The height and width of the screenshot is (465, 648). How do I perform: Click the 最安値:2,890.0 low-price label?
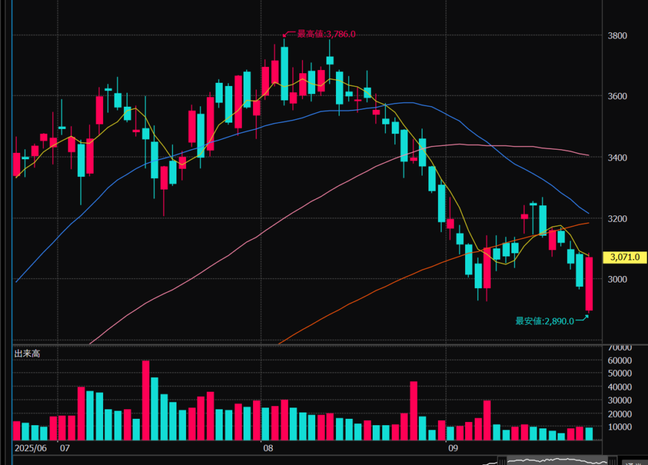(x=545, y=321)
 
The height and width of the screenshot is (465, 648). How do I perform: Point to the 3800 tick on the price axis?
(x=616, y=35)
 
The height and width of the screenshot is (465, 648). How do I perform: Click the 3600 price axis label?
(x=616, y=96)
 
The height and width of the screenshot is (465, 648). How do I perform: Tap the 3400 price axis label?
(x=616, y=157)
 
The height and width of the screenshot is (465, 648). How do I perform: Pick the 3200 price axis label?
(x=616, y=219)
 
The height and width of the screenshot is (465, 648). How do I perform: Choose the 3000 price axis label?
(x=616, y=279)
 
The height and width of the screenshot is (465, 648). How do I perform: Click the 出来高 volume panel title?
(x=27, y=354)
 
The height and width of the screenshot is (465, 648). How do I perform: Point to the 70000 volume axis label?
(x=620, y=347)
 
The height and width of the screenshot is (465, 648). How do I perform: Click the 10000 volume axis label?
(x=620, y=427)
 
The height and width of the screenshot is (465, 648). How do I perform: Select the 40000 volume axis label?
(x=620, y=387)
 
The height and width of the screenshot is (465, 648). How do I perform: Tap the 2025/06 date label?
(x=30, y=449)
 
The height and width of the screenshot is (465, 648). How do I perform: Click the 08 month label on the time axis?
(x=268, y=449)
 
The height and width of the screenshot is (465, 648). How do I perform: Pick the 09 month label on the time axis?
(x=452, y=449)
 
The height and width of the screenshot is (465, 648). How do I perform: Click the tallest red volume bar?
(x=146, y=400)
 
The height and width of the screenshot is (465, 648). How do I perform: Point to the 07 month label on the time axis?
(x=64, y=449)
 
